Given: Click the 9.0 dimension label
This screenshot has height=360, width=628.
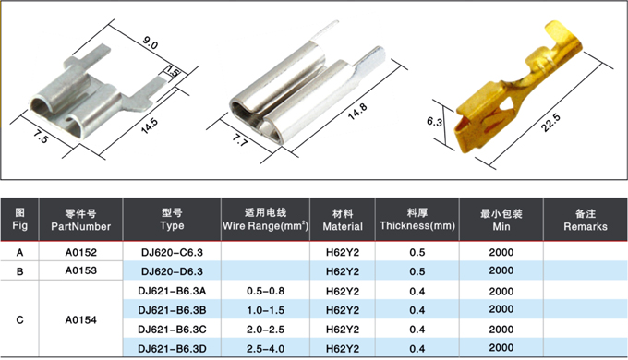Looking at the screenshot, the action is coord(151,42).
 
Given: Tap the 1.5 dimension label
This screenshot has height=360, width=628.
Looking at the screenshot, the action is coord(173,72).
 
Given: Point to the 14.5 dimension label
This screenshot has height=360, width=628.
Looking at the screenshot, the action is coord(149,126).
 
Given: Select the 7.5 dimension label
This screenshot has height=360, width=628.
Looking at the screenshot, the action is coord(41,137).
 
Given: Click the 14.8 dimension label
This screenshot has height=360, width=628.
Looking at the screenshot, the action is coord(356,112).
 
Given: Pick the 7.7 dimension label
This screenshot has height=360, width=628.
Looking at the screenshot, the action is coord(240,139).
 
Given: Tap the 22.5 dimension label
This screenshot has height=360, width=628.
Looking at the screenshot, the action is coord(550,122).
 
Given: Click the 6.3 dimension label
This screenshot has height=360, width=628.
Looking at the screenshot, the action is coord(435,121).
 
